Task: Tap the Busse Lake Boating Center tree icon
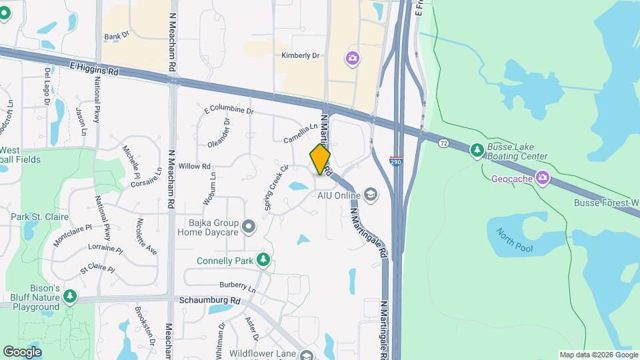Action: tap(477, 151)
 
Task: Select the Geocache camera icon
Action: tap(543, 178)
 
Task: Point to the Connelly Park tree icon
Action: tap(263, 260)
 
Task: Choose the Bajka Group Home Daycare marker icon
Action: tap(249, 227)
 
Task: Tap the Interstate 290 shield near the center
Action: tap(395, 161)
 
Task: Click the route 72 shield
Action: tap(443, 143)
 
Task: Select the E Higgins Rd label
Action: tap(93, 68)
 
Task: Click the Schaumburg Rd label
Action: tap(209, 301)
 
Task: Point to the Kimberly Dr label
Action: tap(300, 56)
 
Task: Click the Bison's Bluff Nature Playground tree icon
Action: tap(70, 295)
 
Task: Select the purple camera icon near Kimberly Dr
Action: tap(353, 59)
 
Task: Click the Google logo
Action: tap(22, 352)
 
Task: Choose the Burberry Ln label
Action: tap(238, 287)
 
